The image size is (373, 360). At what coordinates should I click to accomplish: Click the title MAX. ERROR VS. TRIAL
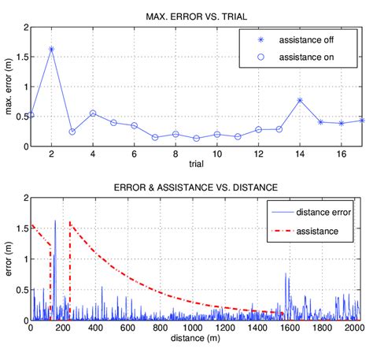click(x=197, y=17)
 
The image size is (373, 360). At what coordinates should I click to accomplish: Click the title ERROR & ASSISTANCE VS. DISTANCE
click(x=197, y=187)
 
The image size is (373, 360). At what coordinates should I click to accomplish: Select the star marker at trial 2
click(x=51, y=49)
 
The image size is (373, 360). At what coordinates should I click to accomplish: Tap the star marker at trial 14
click(x=300, y=100)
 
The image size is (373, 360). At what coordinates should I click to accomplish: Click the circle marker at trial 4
click(x=93, y=113)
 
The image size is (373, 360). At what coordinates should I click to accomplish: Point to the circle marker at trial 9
click(x=197, y=139)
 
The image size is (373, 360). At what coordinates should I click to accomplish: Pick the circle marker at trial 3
click(x=72, y=132)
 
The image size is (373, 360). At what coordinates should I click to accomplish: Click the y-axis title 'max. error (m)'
click(x=8, y=87)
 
